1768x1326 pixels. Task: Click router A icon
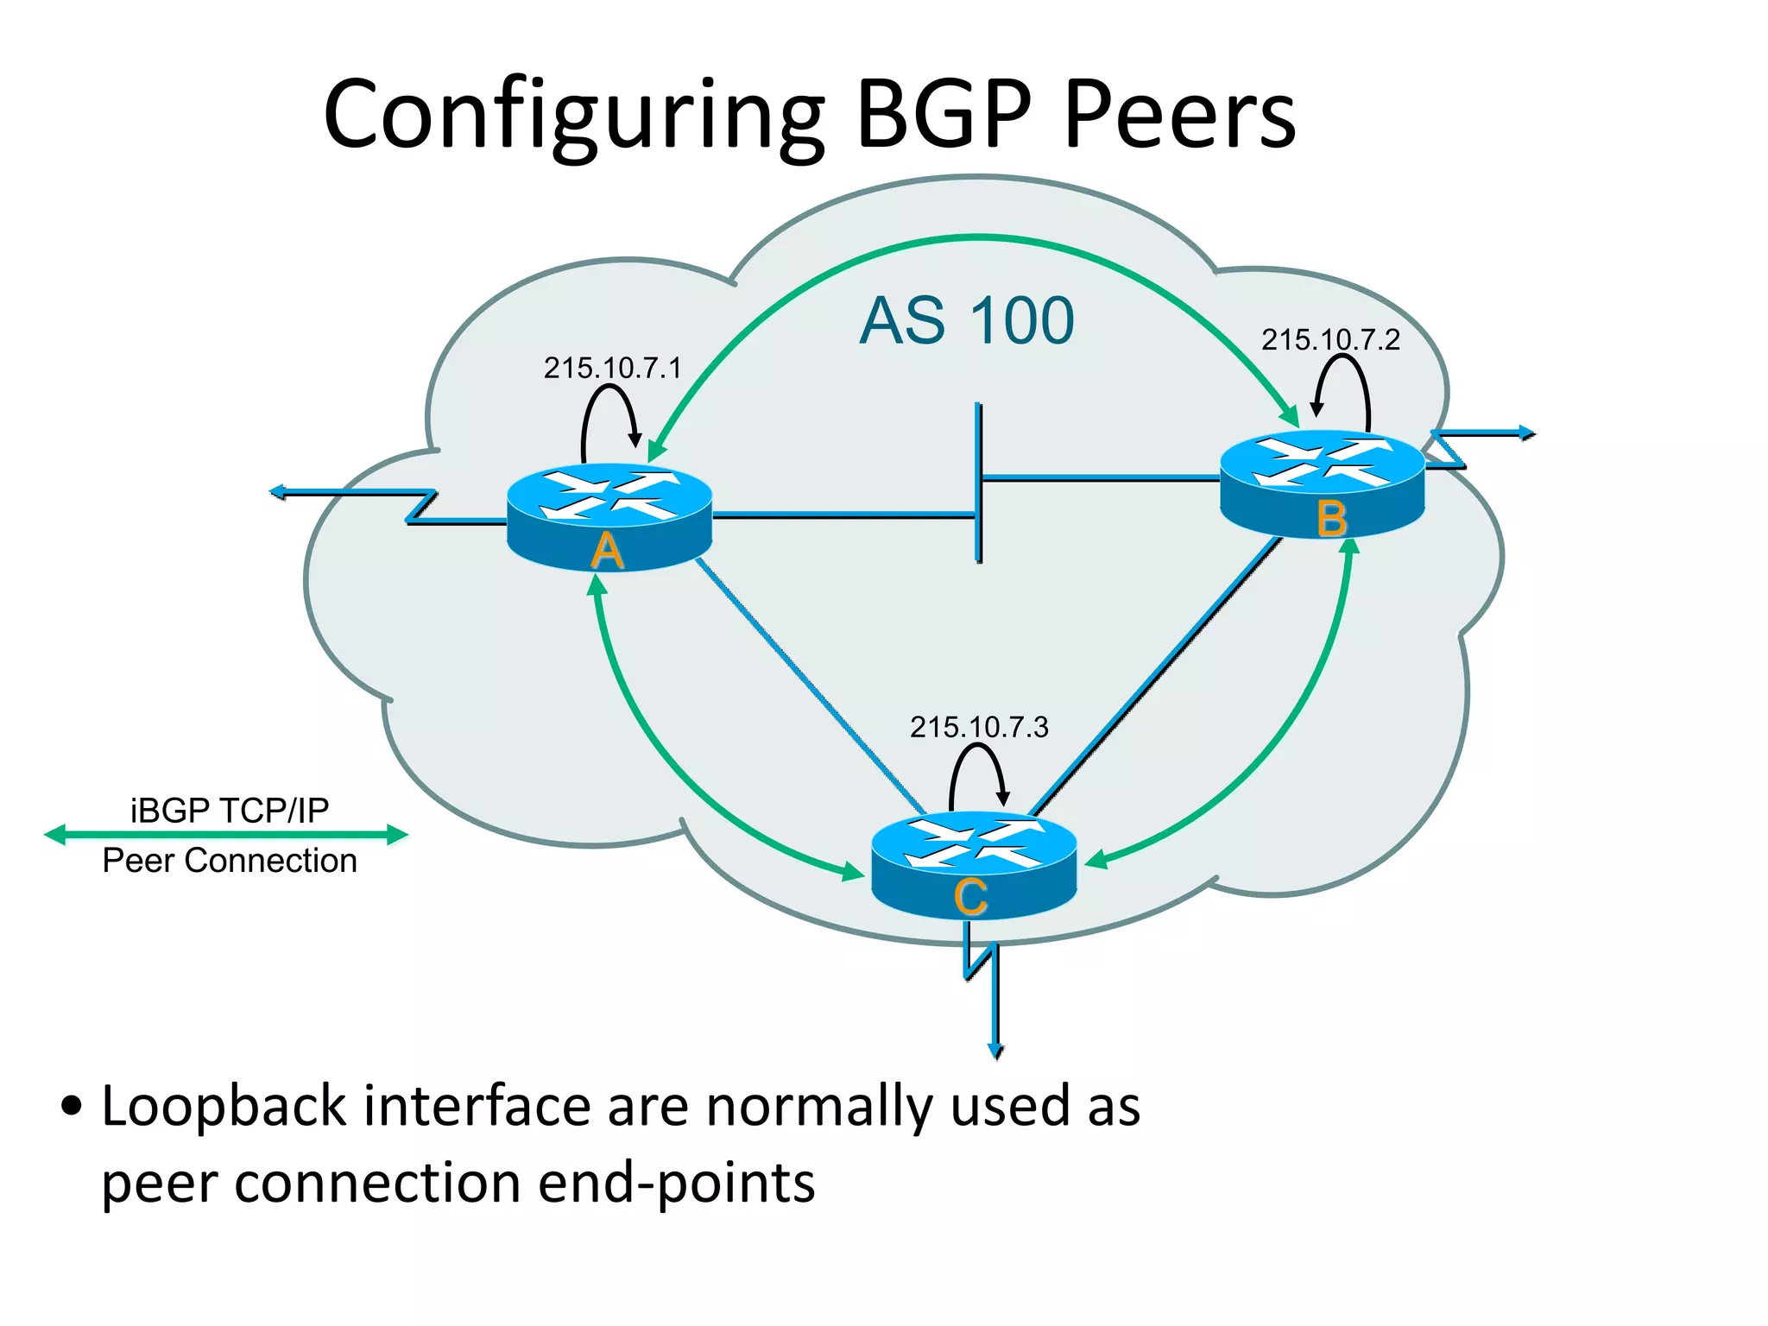click(x=609, y=518)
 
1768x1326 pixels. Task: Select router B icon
click(x=1322, y=483)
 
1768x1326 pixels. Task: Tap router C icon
click(x=974, y=865)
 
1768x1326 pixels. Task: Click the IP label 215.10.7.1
click(x=612, y=369)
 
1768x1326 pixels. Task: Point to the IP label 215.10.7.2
click(x=1330, y=340)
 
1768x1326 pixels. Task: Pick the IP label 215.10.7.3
click(x=979, y=727)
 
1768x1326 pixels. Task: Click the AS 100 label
click(x=967, y=321)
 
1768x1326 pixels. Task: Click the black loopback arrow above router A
click(x=609, y=414)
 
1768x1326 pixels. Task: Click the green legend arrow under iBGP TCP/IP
click(x=226, y=835)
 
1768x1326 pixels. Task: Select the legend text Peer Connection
click(x=230, y=862)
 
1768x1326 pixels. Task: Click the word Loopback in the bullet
click(x=224, y=1108)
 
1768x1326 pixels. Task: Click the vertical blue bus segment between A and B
click(x=978, y=483)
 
